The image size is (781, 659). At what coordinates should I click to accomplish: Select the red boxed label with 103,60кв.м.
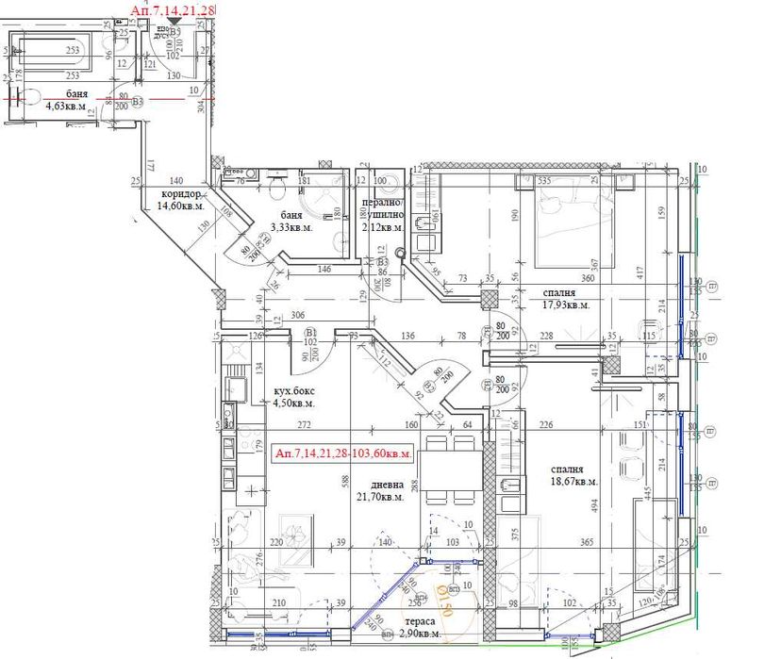(x=343, y=453)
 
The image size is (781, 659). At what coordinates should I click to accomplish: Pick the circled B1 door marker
(x=309, y=333)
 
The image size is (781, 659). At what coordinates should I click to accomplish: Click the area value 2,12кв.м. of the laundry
(x=384, y=226)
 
